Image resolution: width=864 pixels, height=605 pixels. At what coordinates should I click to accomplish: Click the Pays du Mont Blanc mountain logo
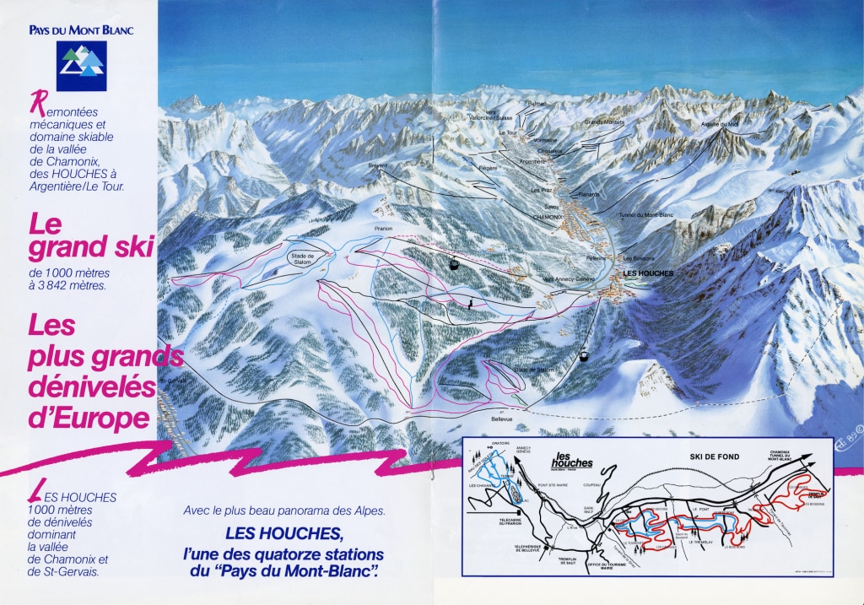tap(82, 65)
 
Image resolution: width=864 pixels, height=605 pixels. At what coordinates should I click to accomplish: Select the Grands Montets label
tap(602, 122)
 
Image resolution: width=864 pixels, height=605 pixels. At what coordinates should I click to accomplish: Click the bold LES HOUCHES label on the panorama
tap(647, 274)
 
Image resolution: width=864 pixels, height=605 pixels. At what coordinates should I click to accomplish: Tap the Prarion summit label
tap(384, 229)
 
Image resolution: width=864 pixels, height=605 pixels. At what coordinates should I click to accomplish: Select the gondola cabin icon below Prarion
tap(454, 264)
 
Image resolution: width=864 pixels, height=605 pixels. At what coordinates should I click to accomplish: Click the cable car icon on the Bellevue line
tap(581, 356)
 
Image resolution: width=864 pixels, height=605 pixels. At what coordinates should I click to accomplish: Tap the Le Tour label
tap(507, 133)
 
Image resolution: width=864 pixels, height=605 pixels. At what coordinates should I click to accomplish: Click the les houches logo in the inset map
tap(571, 462)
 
